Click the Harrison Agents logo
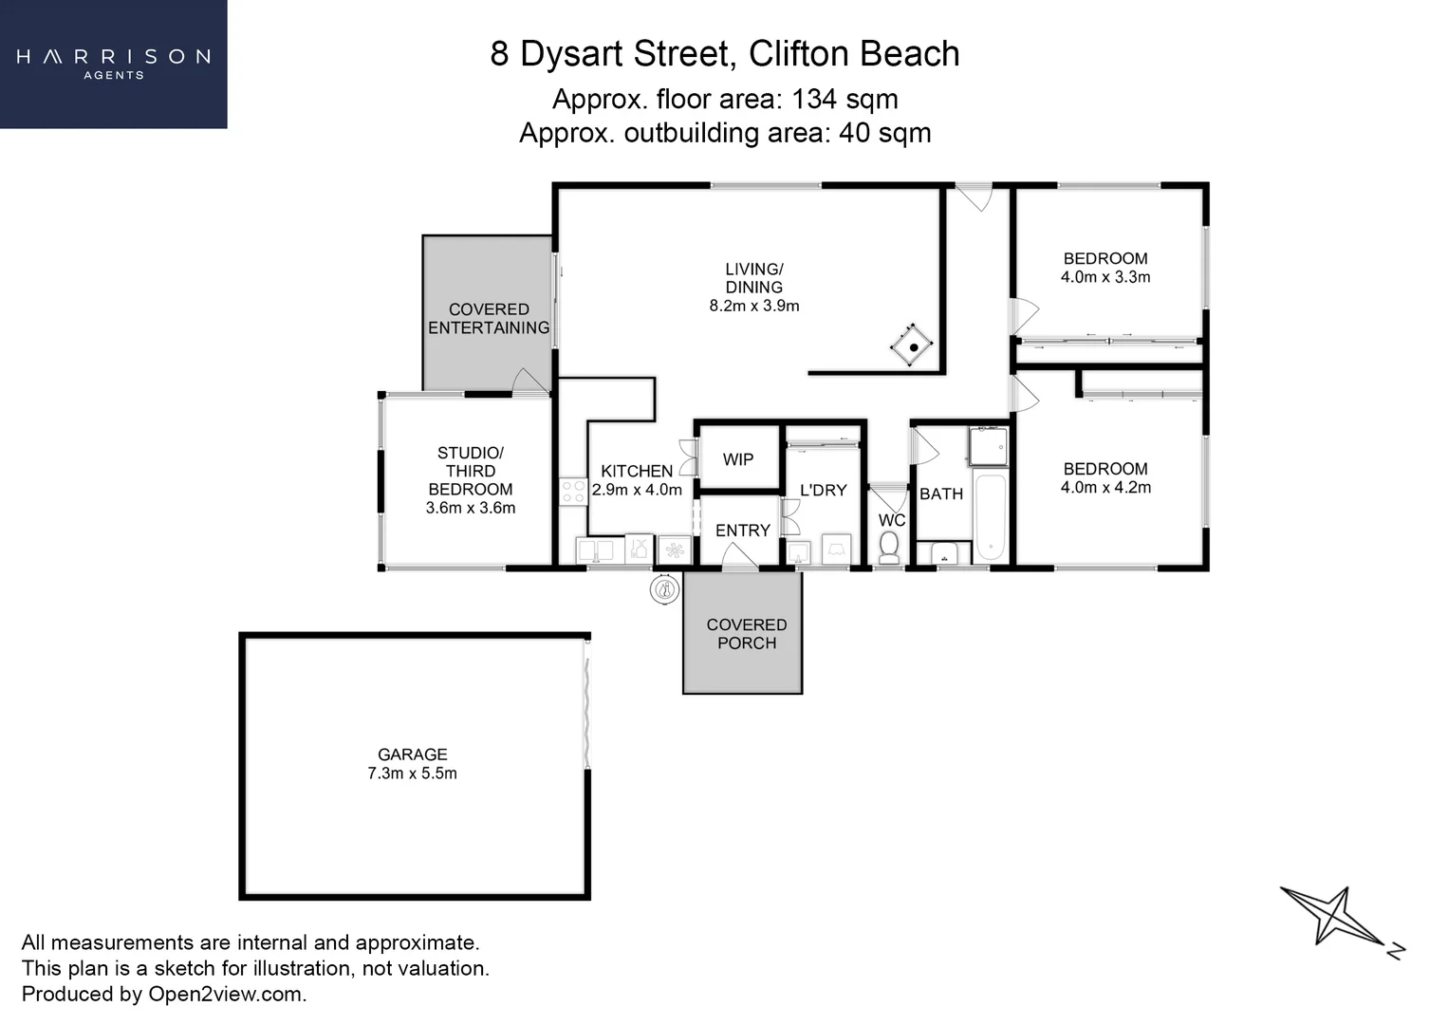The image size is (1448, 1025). click(x=113, y=63)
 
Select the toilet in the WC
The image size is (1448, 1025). click(x=889, y=547)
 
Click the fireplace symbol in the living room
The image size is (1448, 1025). click(x=912, y=346)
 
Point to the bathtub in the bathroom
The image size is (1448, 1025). click(x=989, y=516)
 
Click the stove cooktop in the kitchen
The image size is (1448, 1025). click(x=572, y=492)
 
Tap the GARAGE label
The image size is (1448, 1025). click(x=412, y=755)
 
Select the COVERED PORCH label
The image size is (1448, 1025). click(x=746, y=634)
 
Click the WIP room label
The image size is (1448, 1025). click(x=737, y=460)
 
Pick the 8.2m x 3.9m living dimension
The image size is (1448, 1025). click(x=753, y=306)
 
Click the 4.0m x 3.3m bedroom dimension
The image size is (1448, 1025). click(x=1105, y=277)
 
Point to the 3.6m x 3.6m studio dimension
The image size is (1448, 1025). click(x=470, y=508)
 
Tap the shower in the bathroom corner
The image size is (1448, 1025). click(x=987, y=446)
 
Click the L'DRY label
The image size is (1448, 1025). click(x=823, y=491)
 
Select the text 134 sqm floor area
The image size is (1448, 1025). click(x=845, y=99)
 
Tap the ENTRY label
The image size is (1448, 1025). click(x=742, y=531)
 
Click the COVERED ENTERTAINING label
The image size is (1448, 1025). click(x=488, y=319)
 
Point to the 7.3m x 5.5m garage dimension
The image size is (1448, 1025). click(x=412, y=773)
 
